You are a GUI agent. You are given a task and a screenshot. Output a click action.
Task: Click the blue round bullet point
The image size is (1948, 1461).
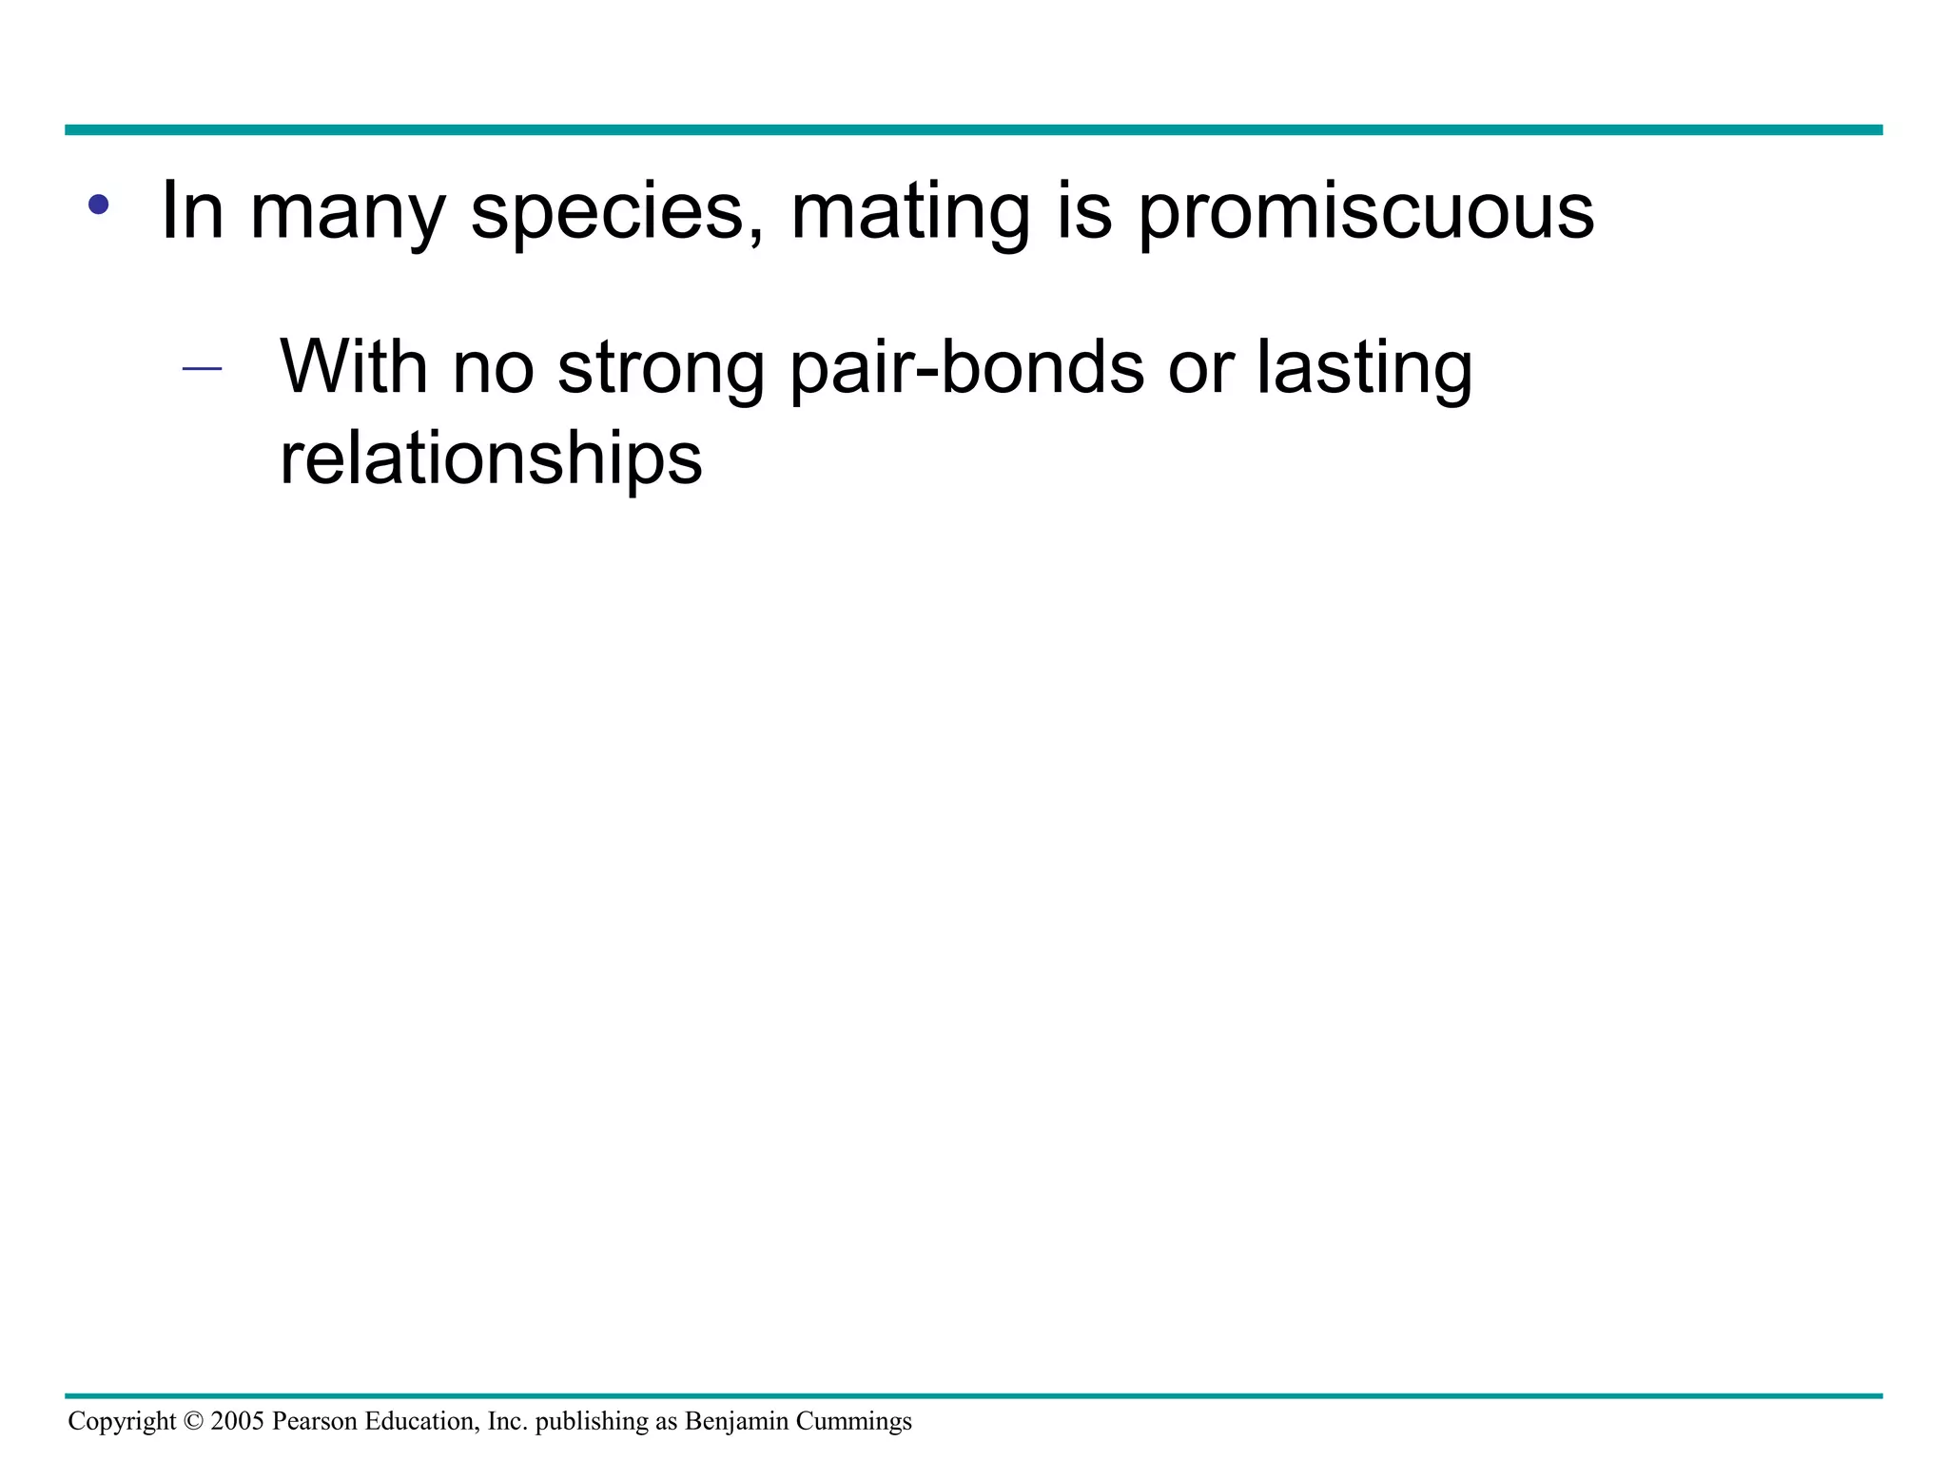[x=98, y=204]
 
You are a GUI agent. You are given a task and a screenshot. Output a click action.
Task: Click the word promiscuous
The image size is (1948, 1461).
[x=1365, y=213]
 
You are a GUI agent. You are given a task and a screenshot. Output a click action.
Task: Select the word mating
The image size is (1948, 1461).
[x=910, y=213]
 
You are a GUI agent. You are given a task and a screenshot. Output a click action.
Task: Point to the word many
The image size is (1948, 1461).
[x=347, y=213]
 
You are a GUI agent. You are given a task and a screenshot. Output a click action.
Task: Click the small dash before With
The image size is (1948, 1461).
[x=202, y=368]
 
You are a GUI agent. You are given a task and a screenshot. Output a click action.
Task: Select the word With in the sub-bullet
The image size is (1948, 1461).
[x=353, y=366]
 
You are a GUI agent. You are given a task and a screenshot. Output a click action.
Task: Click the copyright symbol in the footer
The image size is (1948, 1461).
[x=193, y=1422]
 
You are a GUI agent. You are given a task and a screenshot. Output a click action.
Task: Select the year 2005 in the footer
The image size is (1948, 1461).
[x=237, y=1422]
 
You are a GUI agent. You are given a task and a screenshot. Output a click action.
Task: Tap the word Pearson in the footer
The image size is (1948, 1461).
[x=315, y=1422]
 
